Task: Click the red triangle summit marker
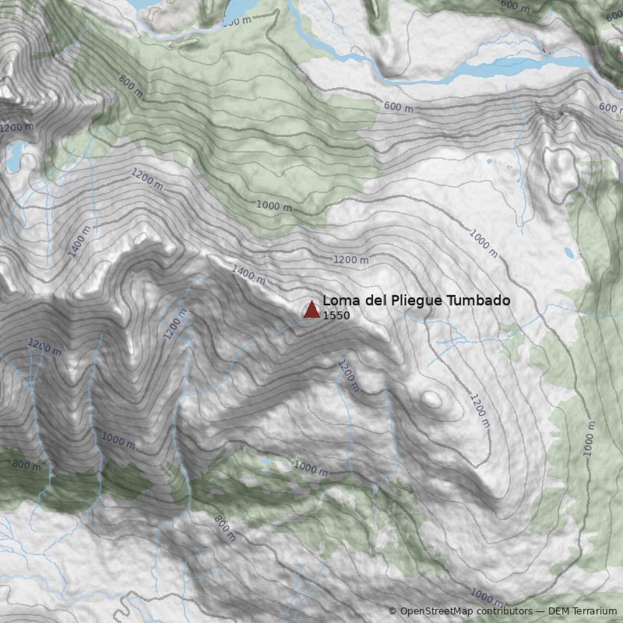[311, 309]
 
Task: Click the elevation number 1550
[336, 315]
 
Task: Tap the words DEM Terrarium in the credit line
[582, 611]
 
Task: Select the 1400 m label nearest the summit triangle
[248, 273]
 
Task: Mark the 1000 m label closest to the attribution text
[487, 598]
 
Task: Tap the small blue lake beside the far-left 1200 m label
[14, 156]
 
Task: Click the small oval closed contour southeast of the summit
[431, 399]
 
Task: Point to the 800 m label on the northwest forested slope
[131, 86]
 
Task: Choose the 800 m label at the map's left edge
[26, 465]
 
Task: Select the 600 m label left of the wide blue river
[399, 107]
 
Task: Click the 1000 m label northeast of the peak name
[483, 244]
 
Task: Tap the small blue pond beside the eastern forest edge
[569, 253]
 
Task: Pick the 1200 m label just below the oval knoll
[479, 411]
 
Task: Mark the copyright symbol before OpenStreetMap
[392, 611]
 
